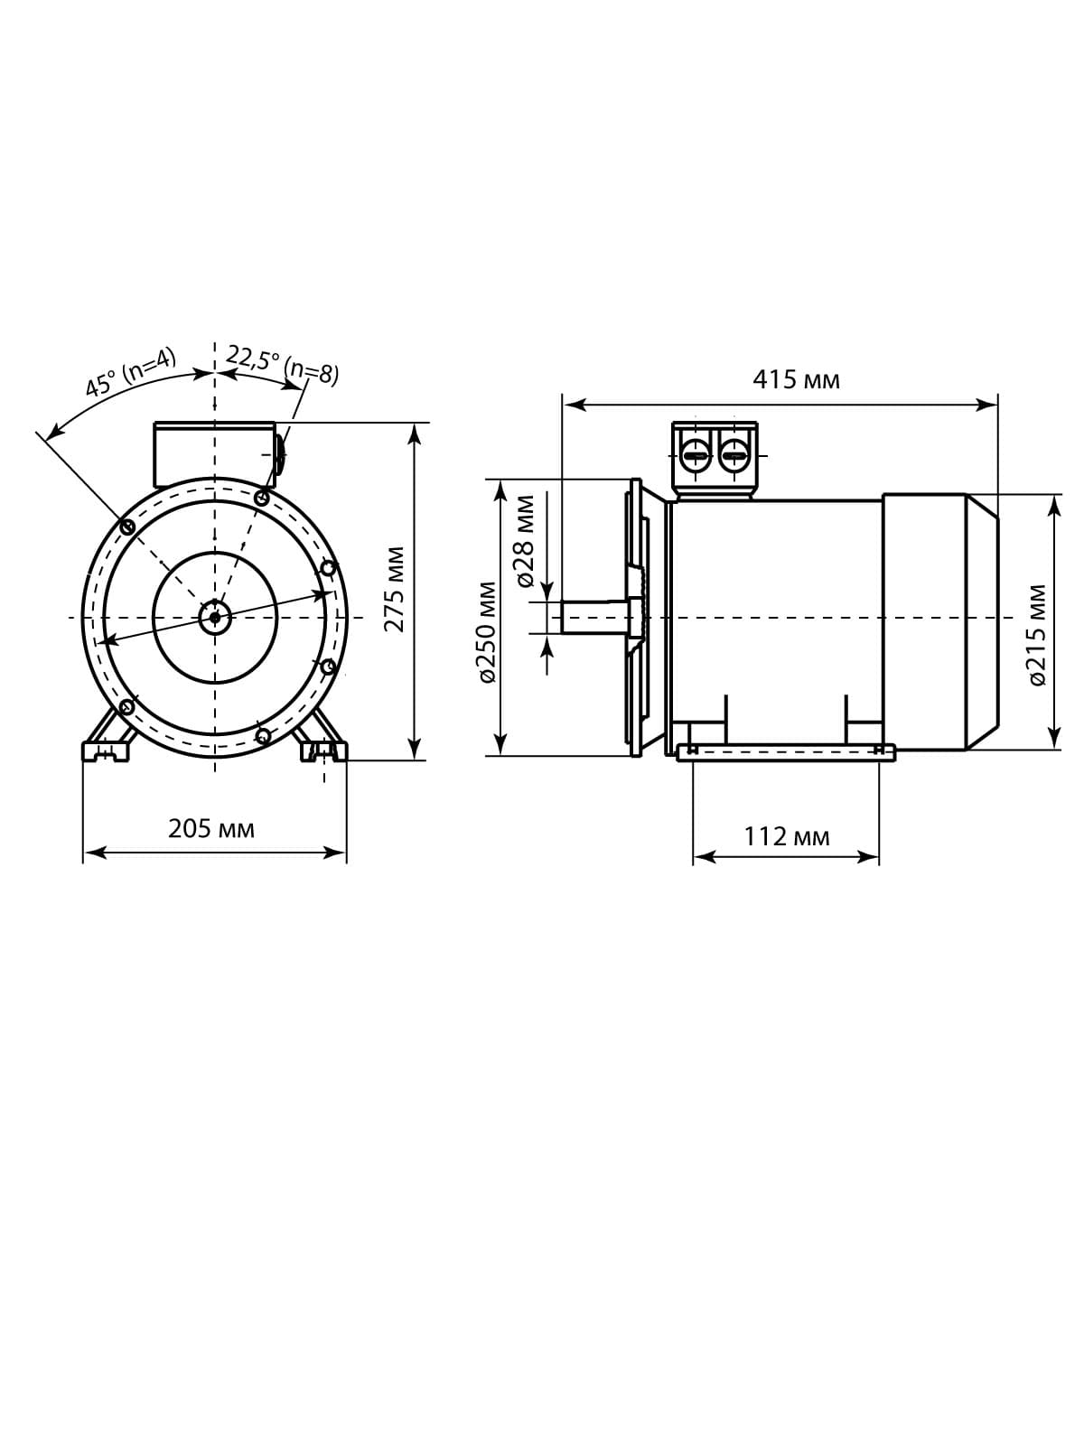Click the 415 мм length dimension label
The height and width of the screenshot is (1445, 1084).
(x=796, y=380)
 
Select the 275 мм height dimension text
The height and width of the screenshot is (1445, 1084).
(x=394, y=589)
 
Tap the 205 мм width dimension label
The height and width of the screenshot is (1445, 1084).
(x=210, y=829)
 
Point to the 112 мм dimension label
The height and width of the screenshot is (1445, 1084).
(x=787, y=836)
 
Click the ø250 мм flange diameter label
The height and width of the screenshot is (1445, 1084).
(x=487, y=633)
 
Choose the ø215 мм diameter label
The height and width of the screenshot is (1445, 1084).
(x=1037, y=635)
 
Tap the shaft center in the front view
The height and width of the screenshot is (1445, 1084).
(x=215, y=617)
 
